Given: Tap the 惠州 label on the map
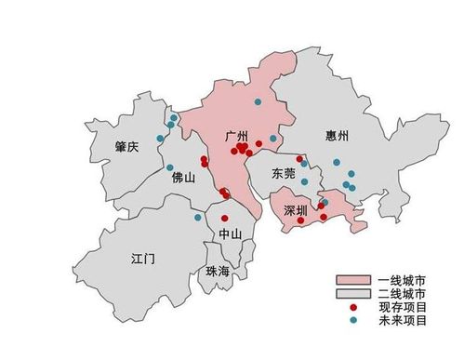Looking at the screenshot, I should [338, 137].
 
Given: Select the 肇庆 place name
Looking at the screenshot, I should [126, 147].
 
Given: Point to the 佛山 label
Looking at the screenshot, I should [183, 179].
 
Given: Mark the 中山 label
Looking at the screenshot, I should [230, 233].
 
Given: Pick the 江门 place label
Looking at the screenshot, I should [144, 258].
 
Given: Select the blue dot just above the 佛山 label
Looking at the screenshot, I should [170, 168].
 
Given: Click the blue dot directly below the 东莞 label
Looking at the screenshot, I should [304, 182].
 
